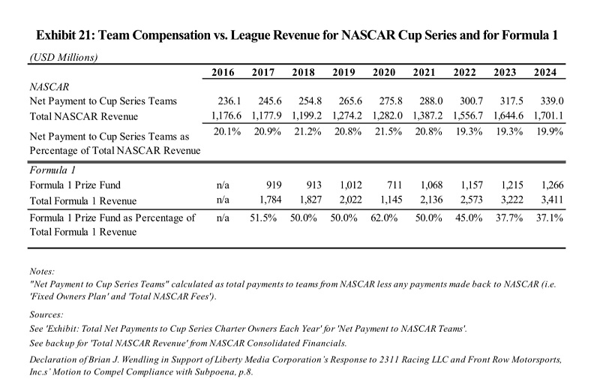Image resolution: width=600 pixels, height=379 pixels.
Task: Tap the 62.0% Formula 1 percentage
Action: click(x=385, y=218)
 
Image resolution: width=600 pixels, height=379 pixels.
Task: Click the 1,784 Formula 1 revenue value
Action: click(x=267, y=199)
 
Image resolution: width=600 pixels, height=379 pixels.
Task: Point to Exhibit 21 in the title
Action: click(x=64, y=35)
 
